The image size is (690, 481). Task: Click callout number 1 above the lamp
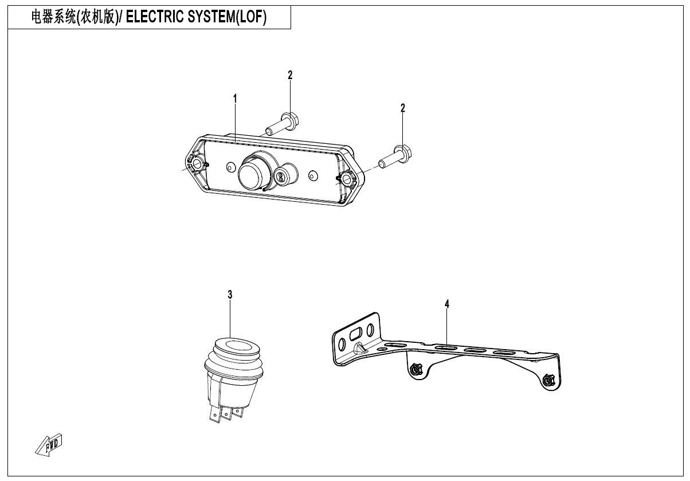tap(235, 99)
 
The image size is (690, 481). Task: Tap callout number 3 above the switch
tap(230, 295)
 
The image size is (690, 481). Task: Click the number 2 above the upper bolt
tap(290, 75)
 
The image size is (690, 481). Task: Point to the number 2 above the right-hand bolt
tap(403, 108)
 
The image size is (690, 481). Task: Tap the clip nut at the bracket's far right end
tap(548, 380)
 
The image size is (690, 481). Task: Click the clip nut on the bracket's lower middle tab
tap(414, 370)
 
